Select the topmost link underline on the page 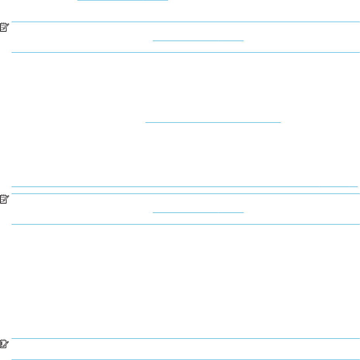[x=123, y=1]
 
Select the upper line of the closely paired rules [x=184, y=187]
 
